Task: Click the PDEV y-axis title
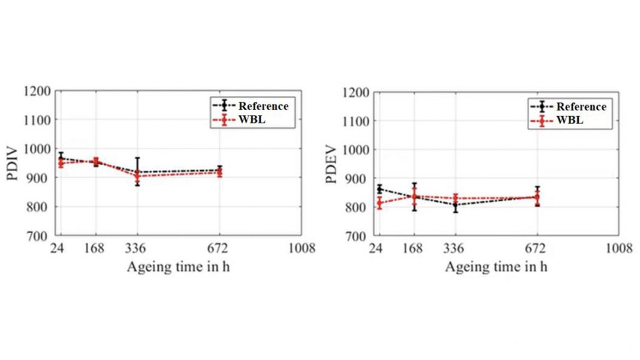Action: click(x=334, y=164)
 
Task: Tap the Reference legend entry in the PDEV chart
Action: click(x=581, y=107)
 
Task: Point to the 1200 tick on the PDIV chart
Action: click(x=37, y=91)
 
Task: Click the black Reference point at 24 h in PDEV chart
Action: click(x=379, y=189)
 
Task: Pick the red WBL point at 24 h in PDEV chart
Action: click(x=379, y=203)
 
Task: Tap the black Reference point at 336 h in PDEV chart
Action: click(x=455, y=205)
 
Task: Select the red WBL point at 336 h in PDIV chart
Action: click(x=137, y=176)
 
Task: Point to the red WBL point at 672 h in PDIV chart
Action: click(x=219, y=173)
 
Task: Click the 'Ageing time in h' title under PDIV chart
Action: click(x=178, y=267)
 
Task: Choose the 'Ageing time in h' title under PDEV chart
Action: click(x=496, y=267)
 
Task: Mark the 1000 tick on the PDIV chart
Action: click(x=37, y=149)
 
